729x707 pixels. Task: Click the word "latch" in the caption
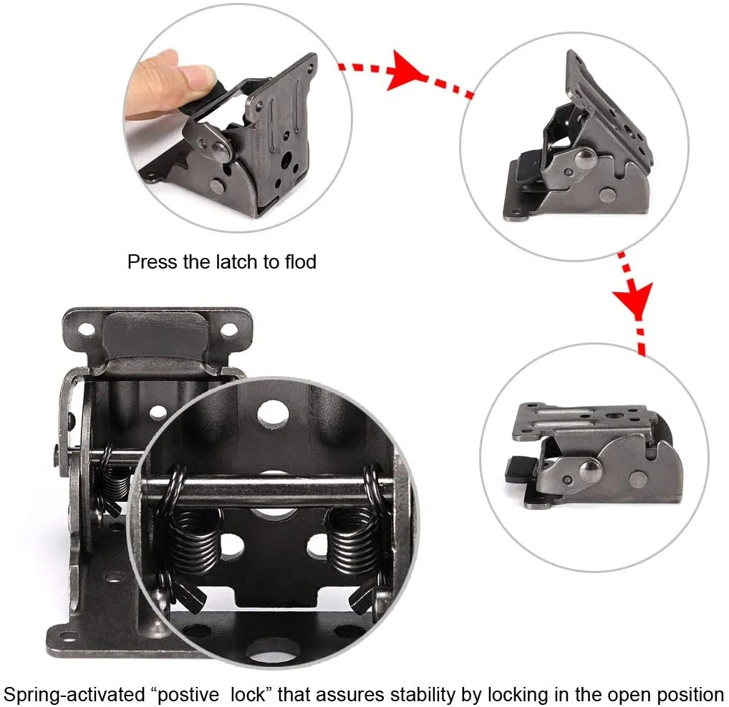click(x=240, y=262)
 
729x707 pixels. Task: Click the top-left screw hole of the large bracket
click(x=87, y=330)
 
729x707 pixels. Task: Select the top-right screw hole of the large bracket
click(x=228, y=330)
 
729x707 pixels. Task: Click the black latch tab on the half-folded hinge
click(x=526, y=170)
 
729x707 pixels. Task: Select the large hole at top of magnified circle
click(x=272, y=413)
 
